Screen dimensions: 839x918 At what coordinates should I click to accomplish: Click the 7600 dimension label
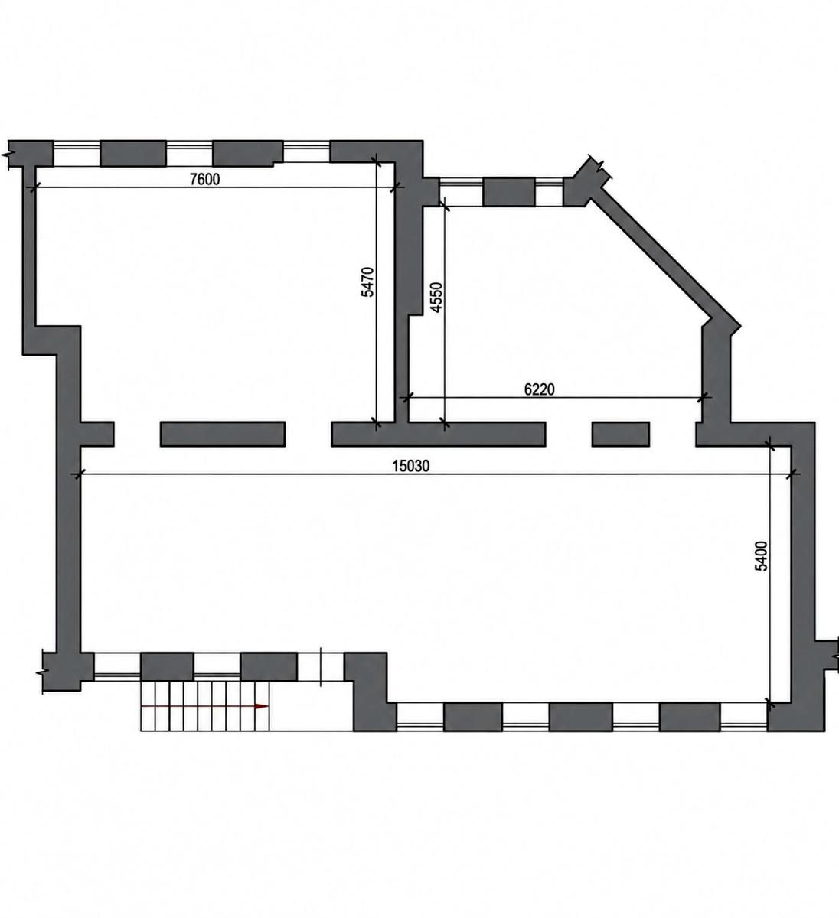tap(204, 179)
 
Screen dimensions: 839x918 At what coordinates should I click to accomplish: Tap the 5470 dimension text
tap(367, 282)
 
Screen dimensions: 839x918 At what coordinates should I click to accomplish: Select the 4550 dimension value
tap(436, 298)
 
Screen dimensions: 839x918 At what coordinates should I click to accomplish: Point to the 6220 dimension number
tap(539, 389)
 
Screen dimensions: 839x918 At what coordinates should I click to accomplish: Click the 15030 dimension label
tap(411, 466)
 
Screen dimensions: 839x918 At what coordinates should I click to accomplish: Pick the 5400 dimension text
tap(761, 556)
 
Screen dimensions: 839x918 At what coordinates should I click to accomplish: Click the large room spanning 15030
tap(435, 563)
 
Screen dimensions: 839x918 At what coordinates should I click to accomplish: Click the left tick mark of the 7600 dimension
tap(33, 187)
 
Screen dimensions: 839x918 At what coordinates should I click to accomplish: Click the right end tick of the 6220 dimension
tap(704, 397)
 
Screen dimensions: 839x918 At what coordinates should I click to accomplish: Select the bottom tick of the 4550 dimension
tap(444, 423)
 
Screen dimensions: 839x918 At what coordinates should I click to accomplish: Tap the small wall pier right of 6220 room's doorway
tap(621, 434)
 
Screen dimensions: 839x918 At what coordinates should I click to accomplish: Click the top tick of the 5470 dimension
tap(377, 161)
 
